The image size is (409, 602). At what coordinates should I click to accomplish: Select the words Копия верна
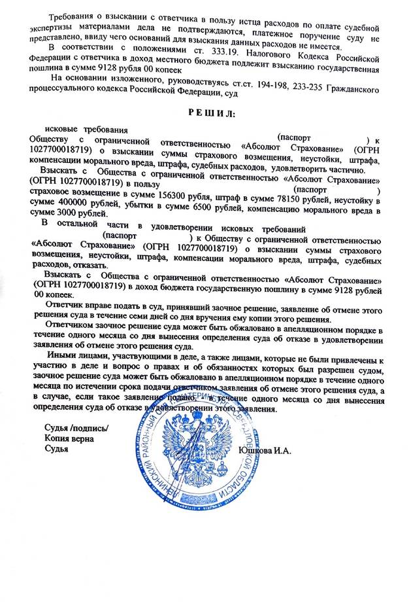(x=69, y=440)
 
